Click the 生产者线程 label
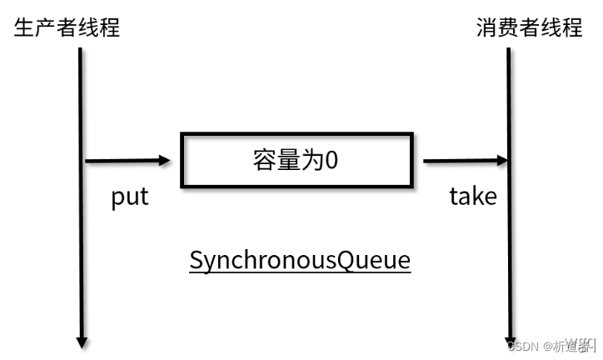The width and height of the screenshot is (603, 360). tap(67, 27)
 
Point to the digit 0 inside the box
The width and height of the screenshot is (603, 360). tap(331, 160)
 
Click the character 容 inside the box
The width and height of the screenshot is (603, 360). tap(264, 160)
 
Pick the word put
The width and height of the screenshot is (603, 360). tap(130, 197)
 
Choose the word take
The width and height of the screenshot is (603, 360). tap(473, 197)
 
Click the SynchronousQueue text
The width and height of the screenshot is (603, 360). tap(300, 260)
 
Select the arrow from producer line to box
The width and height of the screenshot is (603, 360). tap(125, 160)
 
